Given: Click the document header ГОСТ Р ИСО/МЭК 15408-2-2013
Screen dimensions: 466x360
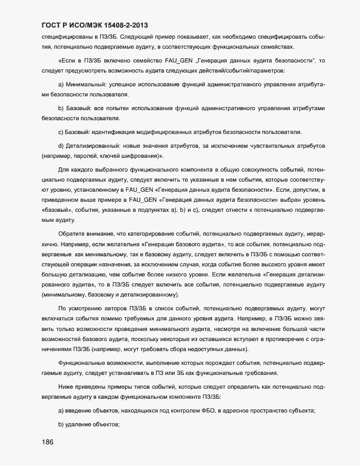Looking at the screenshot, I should coord(95,25).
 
